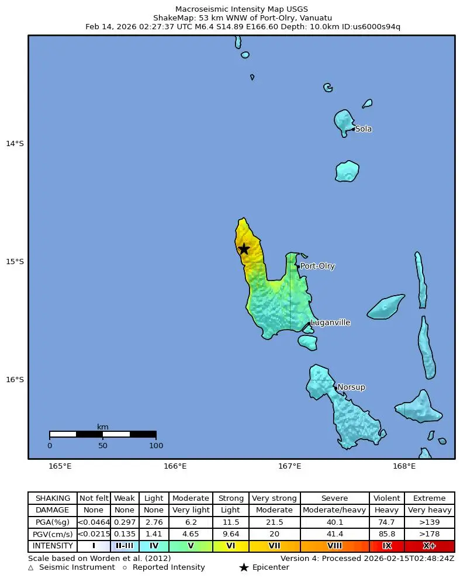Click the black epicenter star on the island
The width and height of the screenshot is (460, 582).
244,249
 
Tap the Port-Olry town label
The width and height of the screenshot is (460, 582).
317,266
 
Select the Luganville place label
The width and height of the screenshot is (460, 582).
330,323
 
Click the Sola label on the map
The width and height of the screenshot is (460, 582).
363,129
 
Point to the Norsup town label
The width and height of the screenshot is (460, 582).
351,387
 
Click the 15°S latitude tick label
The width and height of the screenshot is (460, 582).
15,262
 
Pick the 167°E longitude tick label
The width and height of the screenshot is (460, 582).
289,466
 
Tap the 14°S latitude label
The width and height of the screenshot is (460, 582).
15,144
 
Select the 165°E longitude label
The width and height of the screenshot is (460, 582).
60,466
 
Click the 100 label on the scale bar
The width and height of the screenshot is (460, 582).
155,446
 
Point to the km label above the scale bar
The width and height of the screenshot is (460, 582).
103,427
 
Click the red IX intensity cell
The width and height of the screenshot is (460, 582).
386,546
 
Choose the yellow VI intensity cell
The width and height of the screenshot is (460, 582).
230,546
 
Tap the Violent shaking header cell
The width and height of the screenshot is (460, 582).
386,498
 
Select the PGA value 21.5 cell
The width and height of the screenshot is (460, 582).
274,522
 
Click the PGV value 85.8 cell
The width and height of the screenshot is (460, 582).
386,534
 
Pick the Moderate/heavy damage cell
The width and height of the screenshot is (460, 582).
334,510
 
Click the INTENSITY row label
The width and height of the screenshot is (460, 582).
53,546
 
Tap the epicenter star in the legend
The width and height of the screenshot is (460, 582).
244,567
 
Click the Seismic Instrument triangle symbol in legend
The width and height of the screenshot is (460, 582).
31,567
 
